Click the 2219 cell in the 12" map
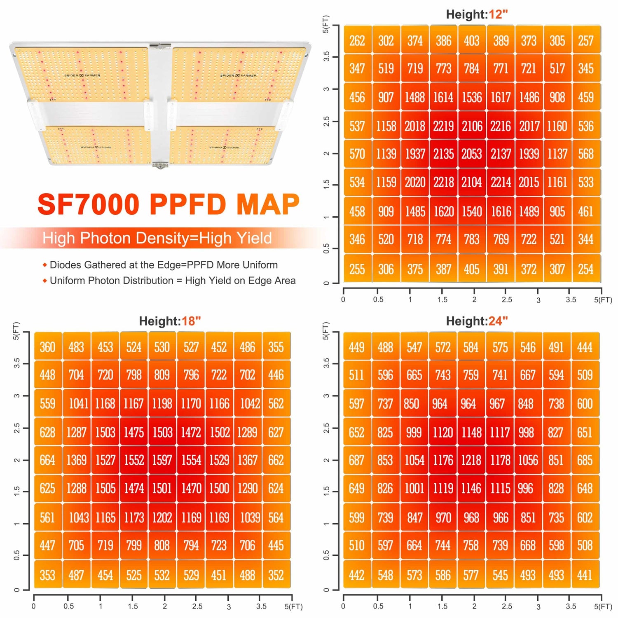[x=443, y=126]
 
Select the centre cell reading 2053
[x=472, y=154]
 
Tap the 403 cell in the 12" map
[x=472, y=41]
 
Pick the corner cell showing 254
[x=585, y=269]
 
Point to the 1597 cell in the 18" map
[x=162, y=460]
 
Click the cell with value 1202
[x=162, y=517]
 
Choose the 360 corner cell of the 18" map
[x=48, y=347]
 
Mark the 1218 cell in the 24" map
[x=471, y=460]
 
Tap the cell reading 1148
[x=471, y=432]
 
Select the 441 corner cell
[x=585, y=575]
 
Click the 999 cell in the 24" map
[x=414, y=432]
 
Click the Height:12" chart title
[x=477, y=14]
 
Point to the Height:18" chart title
[x=170, y=321]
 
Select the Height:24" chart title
[x=477, y=321]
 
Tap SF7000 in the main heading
[x=89, y=204]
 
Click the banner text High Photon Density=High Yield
[x=157, y=238]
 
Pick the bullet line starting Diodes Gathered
[x=164, y=265]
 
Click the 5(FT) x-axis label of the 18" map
[x=293, y=606]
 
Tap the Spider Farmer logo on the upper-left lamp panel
[x=82, y=75]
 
